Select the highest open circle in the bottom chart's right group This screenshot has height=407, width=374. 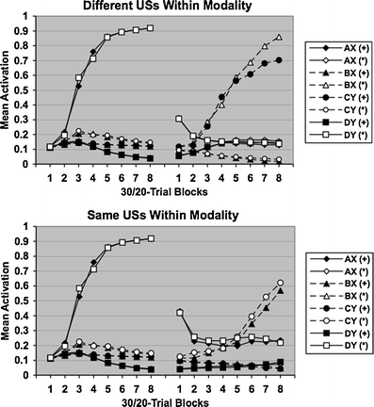pyautogui.click(x=279, y=283)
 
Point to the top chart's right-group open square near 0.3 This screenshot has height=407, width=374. pyautogui.click(x=179, y=119)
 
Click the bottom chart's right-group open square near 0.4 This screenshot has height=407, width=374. pyautogui.click(x=179, y=312)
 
